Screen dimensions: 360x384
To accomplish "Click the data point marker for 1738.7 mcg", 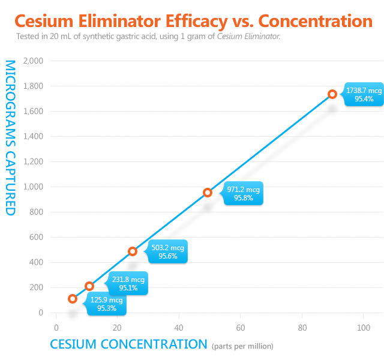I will (x=332, y=94).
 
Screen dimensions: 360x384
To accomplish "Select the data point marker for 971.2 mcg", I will (x=208, y=193).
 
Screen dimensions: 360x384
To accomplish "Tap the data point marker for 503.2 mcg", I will (x=133, y=251).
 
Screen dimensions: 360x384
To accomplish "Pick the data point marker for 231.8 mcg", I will (x=89, y=286).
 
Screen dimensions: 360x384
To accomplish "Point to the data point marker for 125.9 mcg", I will (x=73, y=299).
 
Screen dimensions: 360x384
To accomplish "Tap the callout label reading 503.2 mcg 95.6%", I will (x=167, y=251).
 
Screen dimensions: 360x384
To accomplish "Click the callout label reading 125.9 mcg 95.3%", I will (x=106, y=304).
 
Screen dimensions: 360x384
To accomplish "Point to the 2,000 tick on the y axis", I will (x=33, y=61).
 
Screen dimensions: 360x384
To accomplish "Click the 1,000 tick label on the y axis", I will (x=33, y=187).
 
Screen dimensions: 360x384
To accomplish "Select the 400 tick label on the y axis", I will (x=36, y=262).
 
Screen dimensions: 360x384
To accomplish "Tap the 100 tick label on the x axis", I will (x=363, y=328).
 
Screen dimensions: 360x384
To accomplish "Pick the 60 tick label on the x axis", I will (x=240, y=328).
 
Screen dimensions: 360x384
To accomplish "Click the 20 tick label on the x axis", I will (x=117, y=328).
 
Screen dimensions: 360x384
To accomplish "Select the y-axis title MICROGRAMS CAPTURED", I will (x=10, y=137).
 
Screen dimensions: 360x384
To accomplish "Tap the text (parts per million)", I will (x=242, y=346).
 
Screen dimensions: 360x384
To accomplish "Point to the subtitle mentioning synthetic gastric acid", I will (x=148, y=37).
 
